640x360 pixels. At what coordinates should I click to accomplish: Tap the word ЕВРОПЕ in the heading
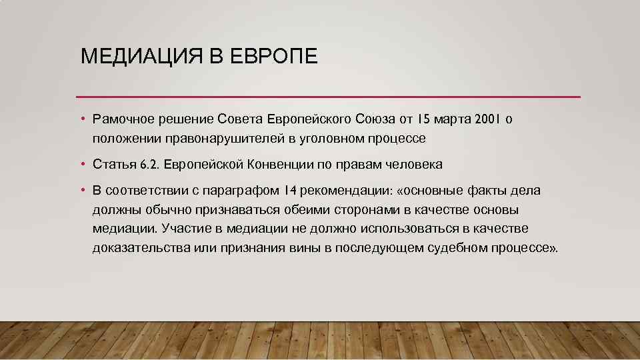click(x=275, y=56)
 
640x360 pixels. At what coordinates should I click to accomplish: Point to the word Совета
click(x=241, y=119)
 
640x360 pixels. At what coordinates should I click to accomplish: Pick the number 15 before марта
click(x=424, y=119)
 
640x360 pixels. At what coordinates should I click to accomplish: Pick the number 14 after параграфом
click(x=290, y=191)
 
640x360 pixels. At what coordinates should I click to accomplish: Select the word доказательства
click(x=138, y=248)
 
